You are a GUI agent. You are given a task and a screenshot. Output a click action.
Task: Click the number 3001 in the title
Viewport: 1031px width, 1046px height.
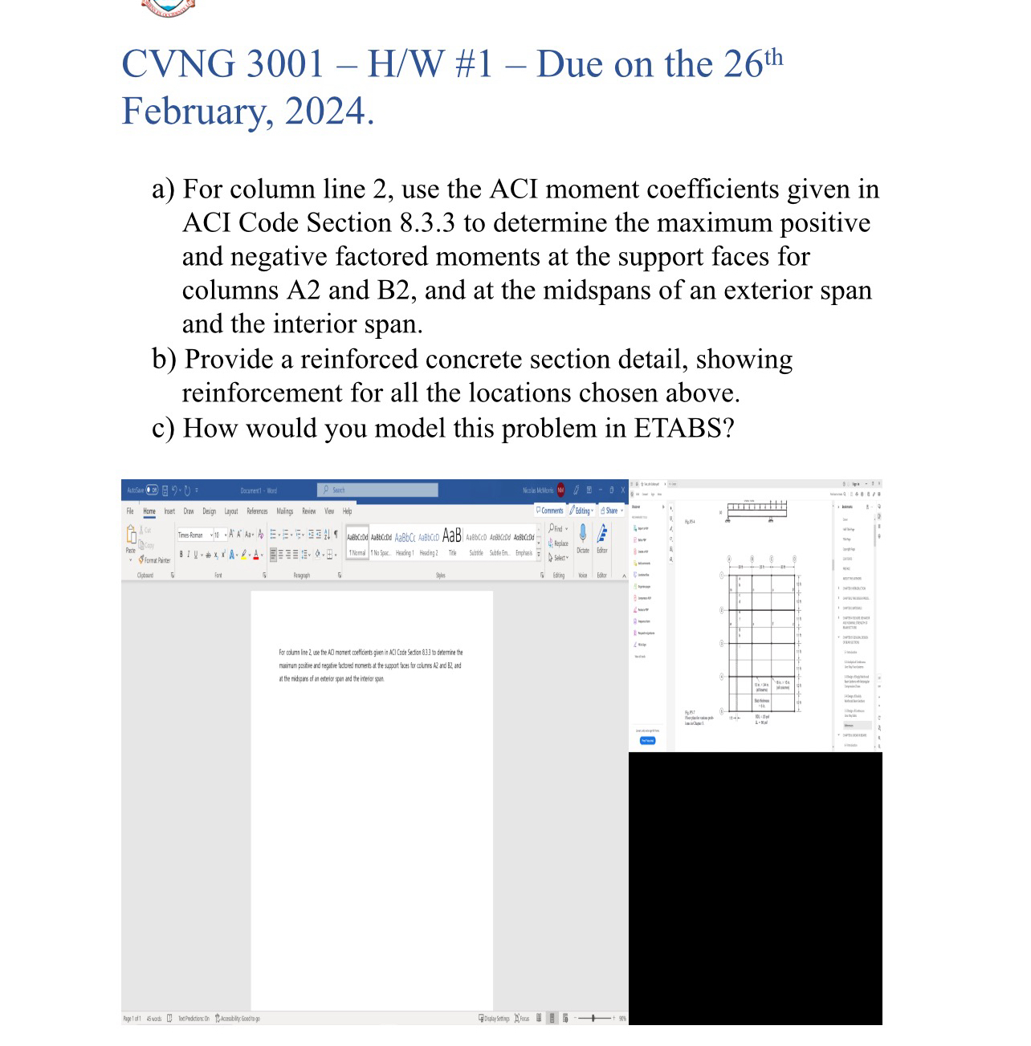point(285,64)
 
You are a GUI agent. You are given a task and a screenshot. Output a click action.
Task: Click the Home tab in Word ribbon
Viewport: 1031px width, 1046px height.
point(149,511)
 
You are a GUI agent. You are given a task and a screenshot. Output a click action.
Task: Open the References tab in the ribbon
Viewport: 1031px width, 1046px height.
point(257,511)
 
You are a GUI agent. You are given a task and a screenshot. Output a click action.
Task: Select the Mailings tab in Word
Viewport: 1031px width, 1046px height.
point(285,511)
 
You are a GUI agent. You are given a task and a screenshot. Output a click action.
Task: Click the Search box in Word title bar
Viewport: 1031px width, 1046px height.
point(377,490)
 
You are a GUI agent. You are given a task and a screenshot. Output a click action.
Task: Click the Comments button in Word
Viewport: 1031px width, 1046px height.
point(550,511)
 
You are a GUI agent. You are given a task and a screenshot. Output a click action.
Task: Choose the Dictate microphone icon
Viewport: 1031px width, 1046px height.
point(583,535)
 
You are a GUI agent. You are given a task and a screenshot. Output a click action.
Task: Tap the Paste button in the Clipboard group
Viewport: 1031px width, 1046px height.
point(131,538)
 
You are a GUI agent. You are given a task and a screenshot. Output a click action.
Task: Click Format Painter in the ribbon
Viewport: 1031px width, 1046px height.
point(155,560)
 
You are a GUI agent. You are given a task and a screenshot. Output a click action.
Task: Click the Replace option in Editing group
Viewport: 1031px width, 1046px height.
point(560,543)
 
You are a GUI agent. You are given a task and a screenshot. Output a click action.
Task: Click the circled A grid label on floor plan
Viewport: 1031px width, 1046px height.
point(729,559)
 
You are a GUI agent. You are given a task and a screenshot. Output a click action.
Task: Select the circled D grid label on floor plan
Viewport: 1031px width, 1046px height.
point(794,559)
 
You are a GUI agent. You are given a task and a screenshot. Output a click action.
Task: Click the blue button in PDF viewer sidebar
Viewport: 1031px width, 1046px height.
point(647,740)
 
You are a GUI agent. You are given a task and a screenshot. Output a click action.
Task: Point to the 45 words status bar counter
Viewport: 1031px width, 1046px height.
point(153,1019)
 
